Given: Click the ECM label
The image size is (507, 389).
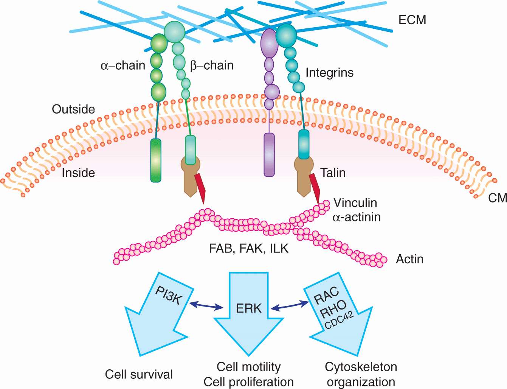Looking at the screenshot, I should pyautogui.click(x=412, y=20).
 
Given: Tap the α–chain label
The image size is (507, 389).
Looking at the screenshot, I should pyautogui.click(x=123, y=65).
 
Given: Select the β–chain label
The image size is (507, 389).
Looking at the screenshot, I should pyautogui.click(x=212, y=65).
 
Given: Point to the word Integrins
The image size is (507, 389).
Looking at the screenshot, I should pyautogui.click(x=329, y=72).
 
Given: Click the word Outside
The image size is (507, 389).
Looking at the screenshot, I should pyautogui.click(x=73, y=109).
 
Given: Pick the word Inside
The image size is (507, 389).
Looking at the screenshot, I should pyautogui.click(x=78, y=173).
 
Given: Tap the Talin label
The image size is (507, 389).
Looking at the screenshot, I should pyautogui.click(x=333, y=173).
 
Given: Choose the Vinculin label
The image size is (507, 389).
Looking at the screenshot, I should pyautogui.click(x=355, y=203).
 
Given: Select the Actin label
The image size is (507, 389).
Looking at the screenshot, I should pyautogui.click(x=409, y=259).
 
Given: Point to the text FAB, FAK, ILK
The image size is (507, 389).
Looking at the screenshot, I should pyautogui.click(x=249, y=248).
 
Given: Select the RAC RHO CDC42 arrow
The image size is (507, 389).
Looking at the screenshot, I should pyautogui.click(x=336, y=314).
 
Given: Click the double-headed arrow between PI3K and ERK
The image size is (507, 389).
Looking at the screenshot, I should pyautogui.click(x=206, y=306).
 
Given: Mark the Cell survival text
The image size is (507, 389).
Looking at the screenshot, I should pyautogui.click(x=139, y=374).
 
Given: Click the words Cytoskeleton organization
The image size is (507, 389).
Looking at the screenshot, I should pyautogui.click(x=361, y=374).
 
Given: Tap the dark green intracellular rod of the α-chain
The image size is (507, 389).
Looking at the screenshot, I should pyautogui.click(x=156, y=160).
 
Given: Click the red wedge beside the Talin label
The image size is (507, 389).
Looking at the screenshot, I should pyautogui.click(x=315, y=188).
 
